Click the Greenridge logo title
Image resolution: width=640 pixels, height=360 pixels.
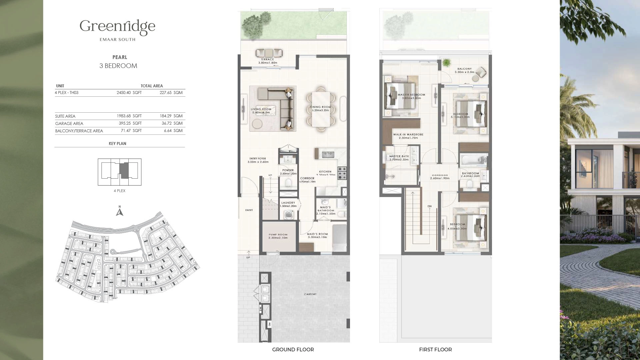click(x=117, y=27)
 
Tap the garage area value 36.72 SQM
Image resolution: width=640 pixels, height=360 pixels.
click(x=171, y=123)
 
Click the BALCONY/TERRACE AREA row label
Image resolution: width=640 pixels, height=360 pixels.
click(x=79, y=131)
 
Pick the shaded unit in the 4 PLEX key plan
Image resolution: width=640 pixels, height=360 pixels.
click(x=124, y=171)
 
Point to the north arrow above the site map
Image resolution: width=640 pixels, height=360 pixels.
click(x=120, y=211)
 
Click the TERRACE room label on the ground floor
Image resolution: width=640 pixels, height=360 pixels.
click(x=268, y=59)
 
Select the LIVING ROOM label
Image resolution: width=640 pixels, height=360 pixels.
click(x=261, y=109)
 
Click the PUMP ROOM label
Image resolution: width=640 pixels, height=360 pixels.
click(x=278, y=235)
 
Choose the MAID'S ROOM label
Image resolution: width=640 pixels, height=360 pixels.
click(x=317, y=234)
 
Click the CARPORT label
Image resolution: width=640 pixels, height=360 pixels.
click(x=310, y=294)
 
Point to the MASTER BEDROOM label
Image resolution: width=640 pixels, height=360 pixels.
click(x=411, y=95)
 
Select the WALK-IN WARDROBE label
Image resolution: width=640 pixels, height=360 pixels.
click(x=408, y=135)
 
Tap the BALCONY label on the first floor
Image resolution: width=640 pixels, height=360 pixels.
click(x=464, y=69)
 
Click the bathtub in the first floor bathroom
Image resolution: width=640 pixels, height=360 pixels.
click(x=473, y=161)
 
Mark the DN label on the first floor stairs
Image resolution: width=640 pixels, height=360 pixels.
click(x=430, y=206)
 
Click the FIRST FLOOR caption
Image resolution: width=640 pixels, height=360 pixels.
click(x=435, y=350)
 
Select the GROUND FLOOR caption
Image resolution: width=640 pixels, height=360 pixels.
click(x=293, y=350)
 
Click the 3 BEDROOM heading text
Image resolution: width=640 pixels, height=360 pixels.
click(x=118, y=66)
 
